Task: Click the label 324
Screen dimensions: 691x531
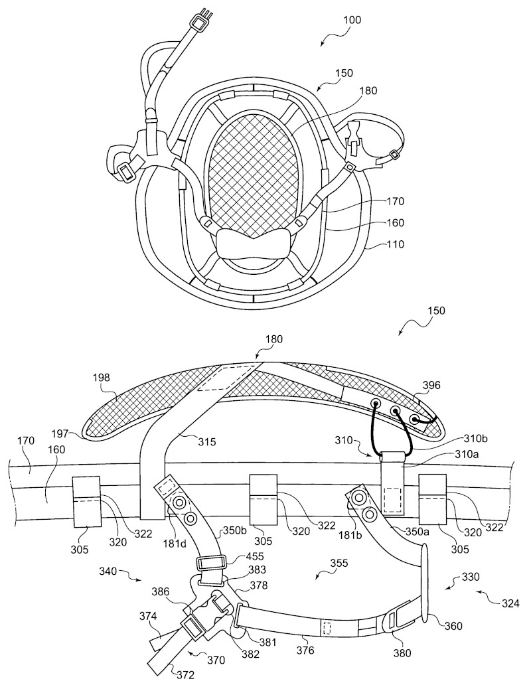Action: pos(509,603)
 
